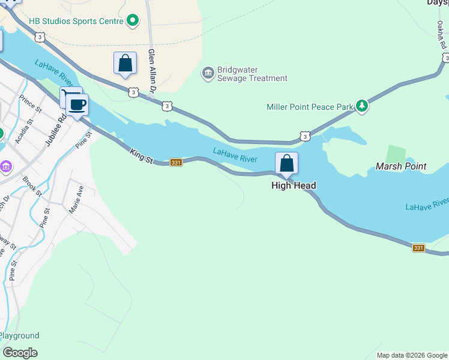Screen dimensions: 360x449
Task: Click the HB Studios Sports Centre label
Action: point(79,21)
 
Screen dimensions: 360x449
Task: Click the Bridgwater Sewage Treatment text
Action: point(252,74)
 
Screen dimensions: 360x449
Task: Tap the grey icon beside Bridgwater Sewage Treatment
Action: point(208,73)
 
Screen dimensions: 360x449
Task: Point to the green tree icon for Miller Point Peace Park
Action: point(361,106)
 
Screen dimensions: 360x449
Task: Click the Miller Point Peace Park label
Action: point(310,107)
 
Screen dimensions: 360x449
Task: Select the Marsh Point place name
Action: point(401,166)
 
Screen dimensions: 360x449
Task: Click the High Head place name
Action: point(294,185)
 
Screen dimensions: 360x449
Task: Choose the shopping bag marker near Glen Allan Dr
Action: point(125,62)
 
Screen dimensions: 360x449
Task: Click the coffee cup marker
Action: point(77,105)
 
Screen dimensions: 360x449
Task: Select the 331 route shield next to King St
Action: point(176,163)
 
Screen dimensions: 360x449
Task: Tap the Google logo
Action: point(20,352)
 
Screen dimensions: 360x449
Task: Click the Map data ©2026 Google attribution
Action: point(412,355)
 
